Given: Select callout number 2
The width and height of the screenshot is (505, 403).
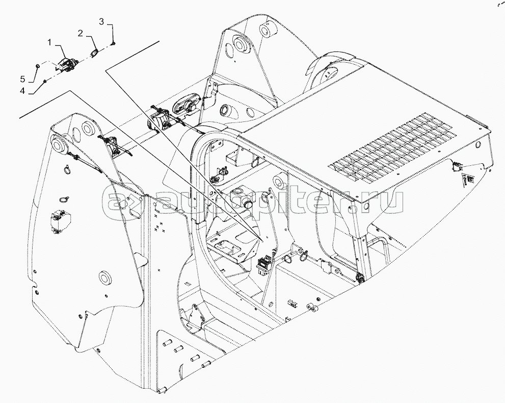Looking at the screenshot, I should (81, 33).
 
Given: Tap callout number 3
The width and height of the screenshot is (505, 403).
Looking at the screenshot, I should (101, 21).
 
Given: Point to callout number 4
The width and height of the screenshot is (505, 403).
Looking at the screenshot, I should (22, 91).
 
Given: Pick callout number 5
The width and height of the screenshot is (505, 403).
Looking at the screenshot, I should (22, 79).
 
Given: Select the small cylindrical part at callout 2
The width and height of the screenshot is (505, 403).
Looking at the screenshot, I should (94, 53).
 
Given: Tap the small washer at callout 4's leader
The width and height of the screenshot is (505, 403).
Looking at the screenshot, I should (45, 81).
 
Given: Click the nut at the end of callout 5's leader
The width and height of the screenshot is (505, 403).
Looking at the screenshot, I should (38, 66).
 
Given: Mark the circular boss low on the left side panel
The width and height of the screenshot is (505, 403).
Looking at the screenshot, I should (105, 278).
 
